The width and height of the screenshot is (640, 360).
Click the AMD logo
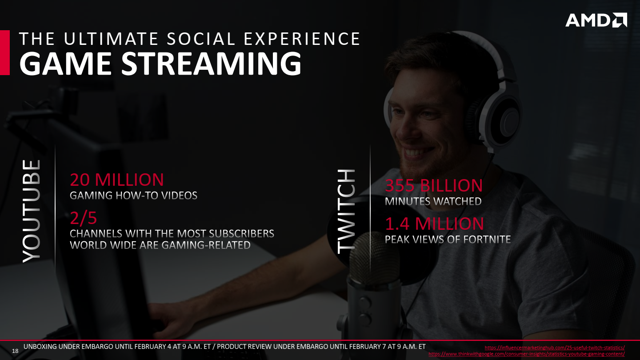[x=596, y=20]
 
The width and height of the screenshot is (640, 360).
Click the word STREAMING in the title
[x=212, y=63]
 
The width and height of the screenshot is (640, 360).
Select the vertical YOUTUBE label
[x=32, y=211]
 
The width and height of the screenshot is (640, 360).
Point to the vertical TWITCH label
[x=346, y=212]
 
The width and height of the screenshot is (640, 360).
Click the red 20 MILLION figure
[x=117, y=180]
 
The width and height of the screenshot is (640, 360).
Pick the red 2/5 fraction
[x=84, y=218]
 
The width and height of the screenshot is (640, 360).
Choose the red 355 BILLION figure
[x=434, y=185]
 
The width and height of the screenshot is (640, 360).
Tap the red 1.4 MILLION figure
[x=434, y=224]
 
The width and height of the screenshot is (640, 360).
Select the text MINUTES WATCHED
[x=433, y=201]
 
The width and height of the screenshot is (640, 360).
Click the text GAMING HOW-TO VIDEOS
[x=133, y=196]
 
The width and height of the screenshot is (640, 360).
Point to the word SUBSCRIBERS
[x=241, y=234]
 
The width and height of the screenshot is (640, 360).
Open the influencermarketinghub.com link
[x=555, y=348]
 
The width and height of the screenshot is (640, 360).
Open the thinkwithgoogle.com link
[x=527, y=354]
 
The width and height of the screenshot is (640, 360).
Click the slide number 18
[x=15, y=351]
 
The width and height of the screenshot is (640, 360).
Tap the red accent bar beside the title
[x=5, y=53]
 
